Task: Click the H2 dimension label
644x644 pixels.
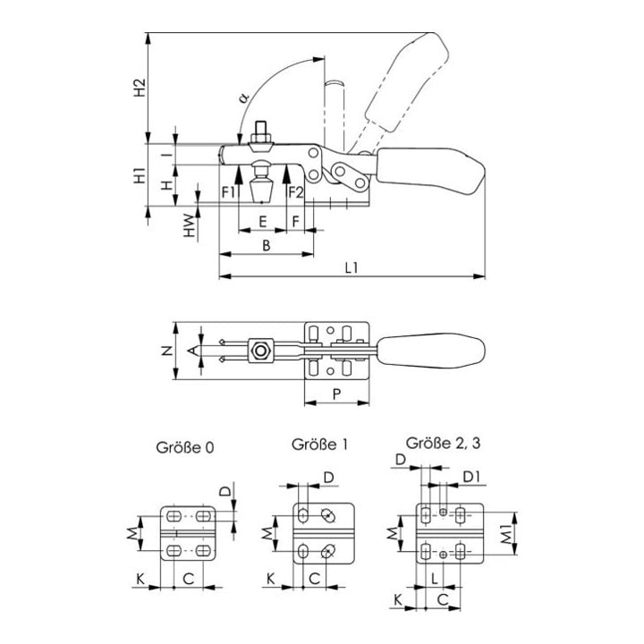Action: click(140, 88)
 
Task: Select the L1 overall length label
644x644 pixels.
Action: click(352, 268)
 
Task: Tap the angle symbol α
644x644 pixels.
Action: click(244, 97)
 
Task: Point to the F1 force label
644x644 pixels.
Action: click(228, 192)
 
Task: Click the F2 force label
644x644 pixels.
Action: click(296, 192)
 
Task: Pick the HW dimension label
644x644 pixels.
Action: click(189, 225)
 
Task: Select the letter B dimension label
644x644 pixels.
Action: click(267, 246)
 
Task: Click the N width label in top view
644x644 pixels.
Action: click(167, 351)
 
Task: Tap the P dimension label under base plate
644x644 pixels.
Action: click(337, 394)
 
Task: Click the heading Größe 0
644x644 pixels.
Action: click(185, 447)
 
